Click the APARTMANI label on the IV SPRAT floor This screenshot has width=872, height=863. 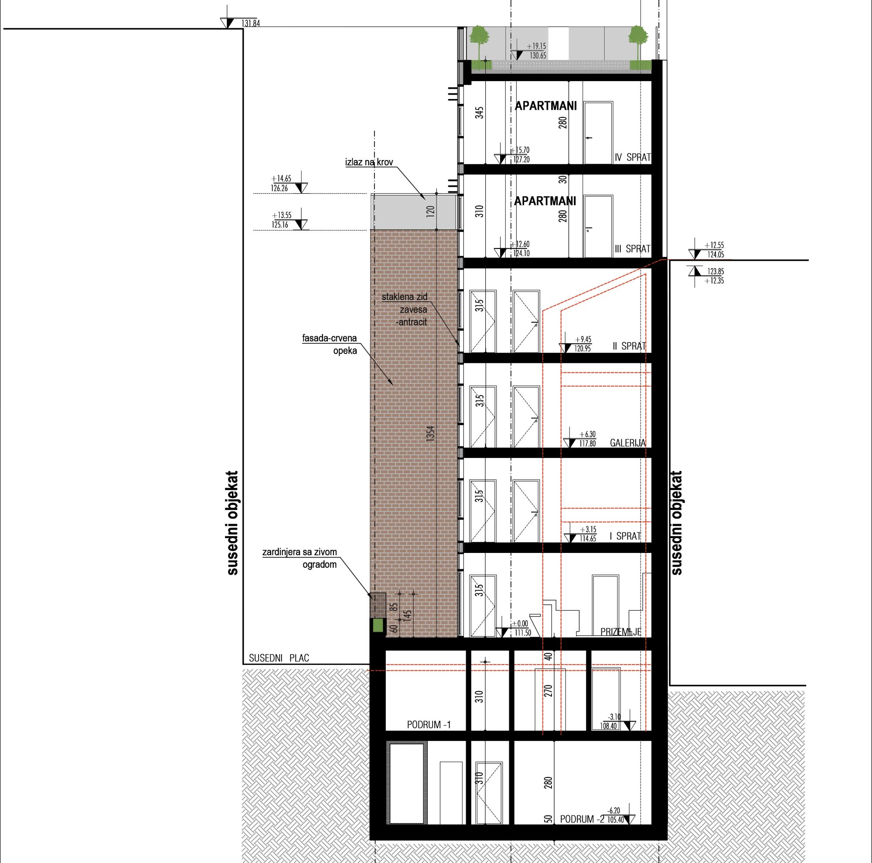click(x=546, y=106)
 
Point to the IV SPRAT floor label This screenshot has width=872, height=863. click(x=633, y=157)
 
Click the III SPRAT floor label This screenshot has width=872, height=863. click(x=633, y=249)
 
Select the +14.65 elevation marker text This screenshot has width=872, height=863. click(x=281, y=179)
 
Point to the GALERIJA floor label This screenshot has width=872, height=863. click(x=628, y=443)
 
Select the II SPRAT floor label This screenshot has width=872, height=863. click(x=629, y=347)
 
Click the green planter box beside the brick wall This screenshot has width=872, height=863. click(x=378, y=626)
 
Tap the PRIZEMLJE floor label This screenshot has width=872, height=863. click(x=621, y=632)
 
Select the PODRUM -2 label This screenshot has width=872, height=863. click(x=582, y=819)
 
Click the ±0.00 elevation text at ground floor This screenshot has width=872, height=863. click(x=520, y=624)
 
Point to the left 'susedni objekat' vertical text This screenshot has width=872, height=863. click(x=232, y=523)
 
